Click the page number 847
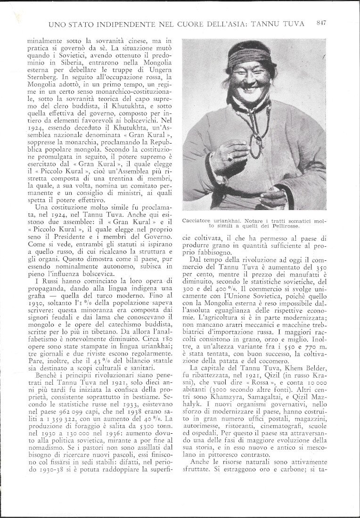pyautogui.click(x=322, y=23)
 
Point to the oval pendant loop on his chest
pyautogui.click(x=257, y=146)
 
